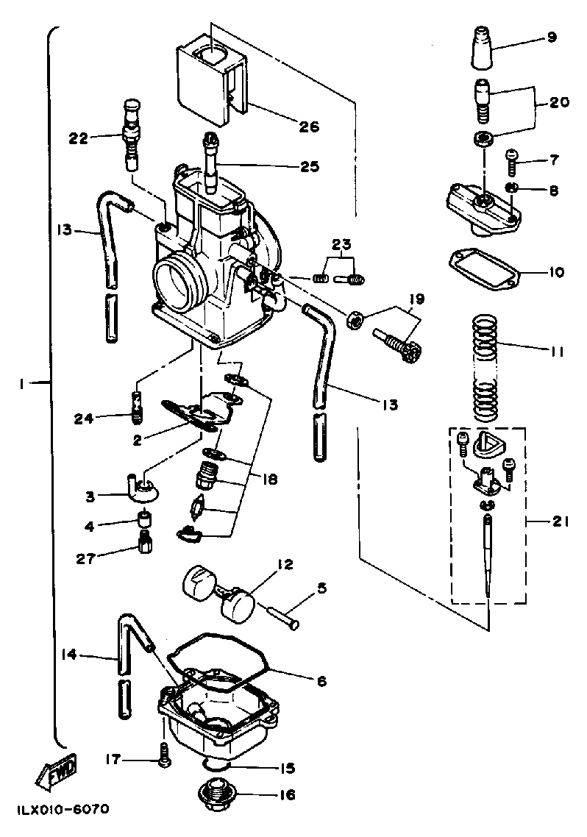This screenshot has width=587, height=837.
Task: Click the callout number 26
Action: pyautogui.click(x=288, y=127)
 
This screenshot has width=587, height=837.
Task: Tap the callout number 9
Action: pyautogui.click(x=552, y=36)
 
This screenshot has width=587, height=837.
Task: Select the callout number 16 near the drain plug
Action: pyautogui.click(x=288, y=795)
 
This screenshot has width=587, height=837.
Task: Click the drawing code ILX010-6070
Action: pyautogui.click(x=60, y=810)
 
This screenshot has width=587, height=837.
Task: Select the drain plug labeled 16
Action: pyautogui.click(x=216, y=796)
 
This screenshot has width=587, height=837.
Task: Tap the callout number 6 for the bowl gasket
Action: pyautogui.click(x=321, y=680)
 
